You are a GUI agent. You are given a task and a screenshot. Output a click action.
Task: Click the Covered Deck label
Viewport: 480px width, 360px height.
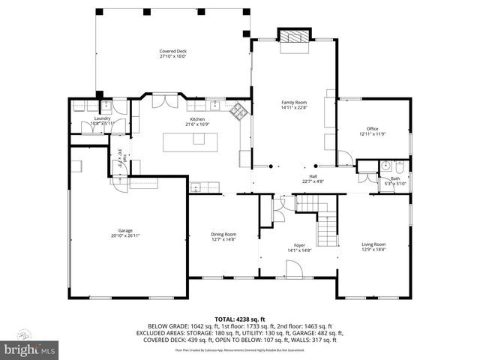tap(172, 53)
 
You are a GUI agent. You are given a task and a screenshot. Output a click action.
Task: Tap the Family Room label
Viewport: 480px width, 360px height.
tap(294, 104)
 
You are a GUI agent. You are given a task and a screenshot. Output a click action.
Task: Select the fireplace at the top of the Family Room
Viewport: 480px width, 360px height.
tap(292, 37)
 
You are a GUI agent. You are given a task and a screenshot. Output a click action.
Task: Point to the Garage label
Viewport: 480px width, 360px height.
tap(124, 233)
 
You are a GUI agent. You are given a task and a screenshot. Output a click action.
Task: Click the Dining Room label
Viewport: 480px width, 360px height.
tap(223, 237)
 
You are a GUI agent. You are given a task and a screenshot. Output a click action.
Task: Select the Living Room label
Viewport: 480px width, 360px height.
tap(373, 247)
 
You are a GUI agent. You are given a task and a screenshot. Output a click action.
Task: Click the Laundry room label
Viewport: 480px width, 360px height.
tap(101, 121)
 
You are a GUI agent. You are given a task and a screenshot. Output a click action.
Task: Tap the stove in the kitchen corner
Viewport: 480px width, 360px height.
tap(238, 111)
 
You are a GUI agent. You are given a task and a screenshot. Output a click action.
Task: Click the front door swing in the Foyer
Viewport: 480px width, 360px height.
tap(291, 268)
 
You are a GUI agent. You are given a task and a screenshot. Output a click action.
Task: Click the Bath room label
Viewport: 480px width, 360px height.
tap(394, 181)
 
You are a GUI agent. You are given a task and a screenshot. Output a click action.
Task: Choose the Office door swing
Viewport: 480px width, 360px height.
tap(345, 158)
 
